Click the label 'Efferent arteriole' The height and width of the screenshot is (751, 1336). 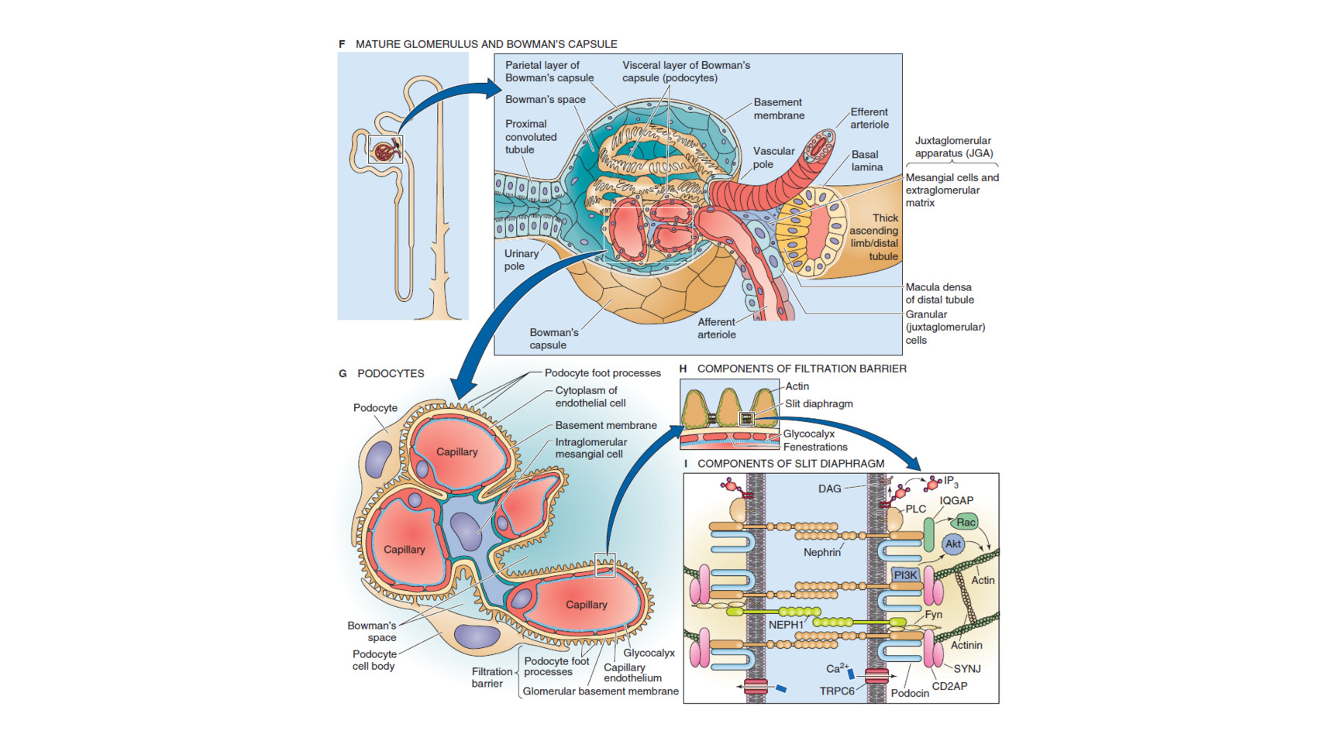pos(869,118)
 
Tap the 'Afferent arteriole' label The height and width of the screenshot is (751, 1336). pos(716,328)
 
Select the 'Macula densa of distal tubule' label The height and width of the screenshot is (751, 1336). pos(939,293)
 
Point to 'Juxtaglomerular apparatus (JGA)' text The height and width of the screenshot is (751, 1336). pos(952,147)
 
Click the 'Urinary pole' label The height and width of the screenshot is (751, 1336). pos(521,260)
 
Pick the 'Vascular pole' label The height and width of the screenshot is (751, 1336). pos(773,157)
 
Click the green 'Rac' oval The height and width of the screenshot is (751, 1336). pos(966,522)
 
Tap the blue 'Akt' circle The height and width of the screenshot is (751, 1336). pos(953,544)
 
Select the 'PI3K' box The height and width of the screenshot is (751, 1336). pos(905,575)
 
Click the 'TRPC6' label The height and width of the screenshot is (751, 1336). pos(837,691)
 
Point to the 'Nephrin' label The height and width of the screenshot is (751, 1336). pos(821,552)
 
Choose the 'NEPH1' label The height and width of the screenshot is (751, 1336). pos(786,625)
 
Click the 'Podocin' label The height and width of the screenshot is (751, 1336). pos(910,693)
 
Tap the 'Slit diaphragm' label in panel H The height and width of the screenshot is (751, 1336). pos(818,403)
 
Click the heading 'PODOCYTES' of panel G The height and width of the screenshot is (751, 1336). pos(391,373)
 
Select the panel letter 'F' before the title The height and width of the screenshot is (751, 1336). pos(342,44)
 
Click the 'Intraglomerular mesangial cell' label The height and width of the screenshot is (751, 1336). pos(591,448)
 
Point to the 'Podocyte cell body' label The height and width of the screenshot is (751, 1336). pos(374,660)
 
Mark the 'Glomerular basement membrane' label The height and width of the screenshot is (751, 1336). pos(601,691)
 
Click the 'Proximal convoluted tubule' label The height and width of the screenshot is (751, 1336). pos(531,137)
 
